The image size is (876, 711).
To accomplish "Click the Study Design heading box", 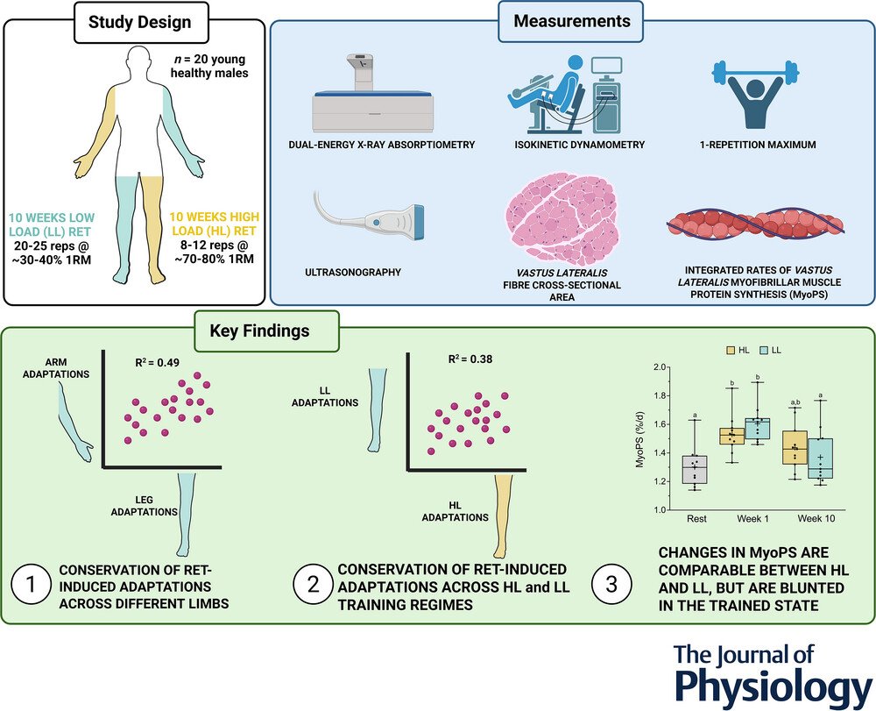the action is pyautogui.click(x=141, y=23).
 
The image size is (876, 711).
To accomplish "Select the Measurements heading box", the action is pyautogui.click(x=570, y=21).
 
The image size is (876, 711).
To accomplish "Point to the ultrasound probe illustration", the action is pyautogui.click(x=369, y=216).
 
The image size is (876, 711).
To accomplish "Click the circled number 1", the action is pyautogui.click(x=31, y=585).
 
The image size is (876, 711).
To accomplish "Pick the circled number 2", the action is pyautogui.click(x=314, y=585).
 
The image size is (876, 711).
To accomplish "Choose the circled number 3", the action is pyautogui.click(x=611, y=585).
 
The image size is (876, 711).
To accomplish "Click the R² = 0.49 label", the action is pyautogui.click(x=157, y=362).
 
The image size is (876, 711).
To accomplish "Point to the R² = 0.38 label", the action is pyautogui.click(x=470, y=359).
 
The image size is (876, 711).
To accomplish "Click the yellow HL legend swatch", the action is pyautogui.click(x=731, y=351).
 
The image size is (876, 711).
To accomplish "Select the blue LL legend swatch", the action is pyautogui.click(x=764, y=351).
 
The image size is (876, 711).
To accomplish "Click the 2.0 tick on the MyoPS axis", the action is pyautogui.click(x=661, y=367).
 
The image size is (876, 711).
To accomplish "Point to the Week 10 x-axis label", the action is pyautogui.click(x=816, y=519).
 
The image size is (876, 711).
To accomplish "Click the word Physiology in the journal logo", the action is pyautogui.click(x=774, y=686).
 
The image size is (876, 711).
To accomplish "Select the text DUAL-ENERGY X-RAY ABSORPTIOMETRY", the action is pyautogui.click(x=382, y=145).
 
